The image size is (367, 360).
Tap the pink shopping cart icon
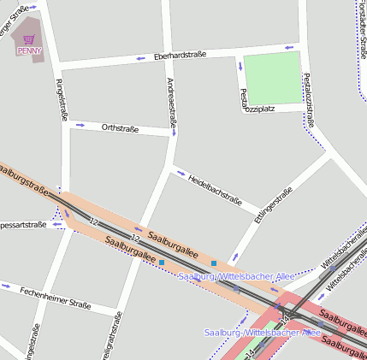click(29, 39)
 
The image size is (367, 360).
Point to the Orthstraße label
click(119, 127)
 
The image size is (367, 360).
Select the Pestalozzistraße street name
click(309, 99)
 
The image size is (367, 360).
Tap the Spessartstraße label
click(22, 225)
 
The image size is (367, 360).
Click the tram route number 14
click(250, 351)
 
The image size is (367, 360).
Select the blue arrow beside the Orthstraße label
click(80, 125)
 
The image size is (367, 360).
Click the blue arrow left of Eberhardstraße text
click(140, 59)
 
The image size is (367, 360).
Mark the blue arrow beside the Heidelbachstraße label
click(181, 173)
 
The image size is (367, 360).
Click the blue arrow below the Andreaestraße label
click(175, 133)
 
